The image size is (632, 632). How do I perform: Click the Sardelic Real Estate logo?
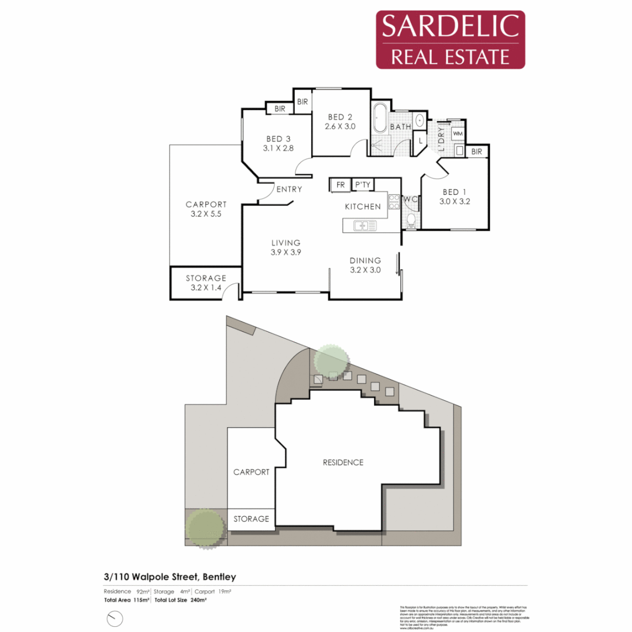450,39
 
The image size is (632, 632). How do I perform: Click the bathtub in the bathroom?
379,120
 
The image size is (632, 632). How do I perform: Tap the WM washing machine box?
458,134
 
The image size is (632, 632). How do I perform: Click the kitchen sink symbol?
365,225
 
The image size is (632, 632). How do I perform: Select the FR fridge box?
339,185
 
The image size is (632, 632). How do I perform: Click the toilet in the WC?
411,221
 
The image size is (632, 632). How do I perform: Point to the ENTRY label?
289,189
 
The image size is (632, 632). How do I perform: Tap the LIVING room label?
286,242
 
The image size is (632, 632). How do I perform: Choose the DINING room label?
365,260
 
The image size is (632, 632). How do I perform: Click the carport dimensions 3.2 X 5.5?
206,214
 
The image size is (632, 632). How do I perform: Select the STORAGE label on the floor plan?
206,278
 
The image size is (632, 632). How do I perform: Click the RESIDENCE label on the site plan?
343,462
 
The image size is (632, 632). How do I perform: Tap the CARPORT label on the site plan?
251,472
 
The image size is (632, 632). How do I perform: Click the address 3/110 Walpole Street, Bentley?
170,577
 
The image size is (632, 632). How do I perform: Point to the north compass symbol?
115,618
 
